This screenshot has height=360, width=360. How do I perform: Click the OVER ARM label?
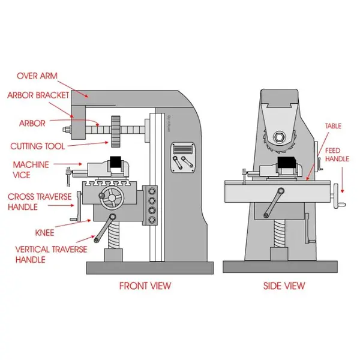point(38,76)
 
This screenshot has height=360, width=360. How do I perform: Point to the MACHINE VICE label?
point(31,169)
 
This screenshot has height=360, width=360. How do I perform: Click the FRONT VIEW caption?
point(146,286)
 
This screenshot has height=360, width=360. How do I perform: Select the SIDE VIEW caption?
point(284,286)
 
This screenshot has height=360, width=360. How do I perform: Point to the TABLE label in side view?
point(333,127)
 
